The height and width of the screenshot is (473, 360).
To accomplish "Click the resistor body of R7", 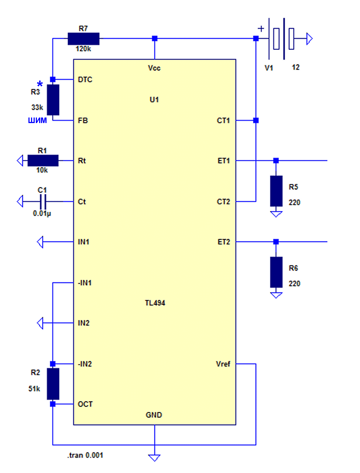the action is [83, 39].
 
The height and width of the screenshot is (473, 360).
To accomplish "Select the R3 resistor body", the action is [53, 100].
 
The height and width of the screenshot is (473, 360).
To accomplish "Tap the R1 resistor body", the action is [43, 160].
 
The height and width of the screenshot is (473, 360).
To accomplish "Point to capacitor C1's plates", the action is [43, 201].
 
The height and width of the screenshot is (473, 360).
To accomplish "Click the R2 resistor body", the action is [53, 384].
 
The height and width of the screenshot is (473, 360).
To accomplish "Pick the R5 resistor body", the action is [276, 191].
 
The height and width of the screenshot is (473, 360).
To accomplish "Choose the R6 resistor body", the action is [276, 272].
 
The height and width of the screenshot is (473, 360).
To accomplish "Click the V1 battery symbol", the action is [282, 39].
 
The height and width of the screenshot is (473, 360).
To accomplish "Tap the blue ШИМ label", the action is [37, 120].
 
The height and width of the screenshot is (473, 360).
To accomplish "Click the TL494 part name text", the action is [155, 303].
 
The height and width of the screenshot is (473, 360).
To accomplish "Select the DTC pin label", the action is [85, 79].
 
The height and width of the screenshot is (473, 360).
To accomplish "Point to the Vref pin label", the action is [223, 364].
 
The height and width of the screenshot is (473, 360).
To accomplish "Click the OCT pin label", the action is [85, 404].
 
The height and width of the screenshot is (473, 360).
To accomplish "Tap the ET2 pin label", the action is [224, 242].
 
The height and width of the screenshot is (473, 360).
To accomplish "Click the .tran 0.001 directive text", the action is [85, 455].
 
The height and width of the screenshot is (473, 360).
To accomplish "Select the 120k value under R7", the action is [83, 49].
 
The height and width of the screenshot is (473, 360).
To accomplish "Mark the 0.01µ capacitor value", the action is [42, 213].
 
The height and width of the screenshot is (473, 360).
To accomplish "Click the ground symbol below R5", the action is [276, 214].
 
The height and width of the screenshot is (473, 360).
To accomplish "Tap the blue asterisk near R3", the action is [40, 84].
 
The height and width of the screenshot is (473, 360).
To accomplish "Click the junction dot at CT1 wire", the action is [256, 120].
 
